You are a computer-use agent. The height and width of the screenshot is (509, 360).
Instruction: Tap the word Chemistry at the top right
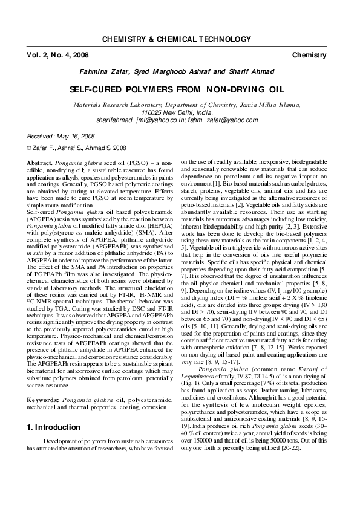pos(309,55)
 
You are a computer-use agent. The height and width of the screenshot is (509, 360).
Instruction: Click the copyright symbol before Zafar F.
pos(30,147)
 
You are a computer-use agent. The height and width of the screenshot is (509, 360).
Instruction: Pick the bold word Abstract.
pos(40,164)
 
